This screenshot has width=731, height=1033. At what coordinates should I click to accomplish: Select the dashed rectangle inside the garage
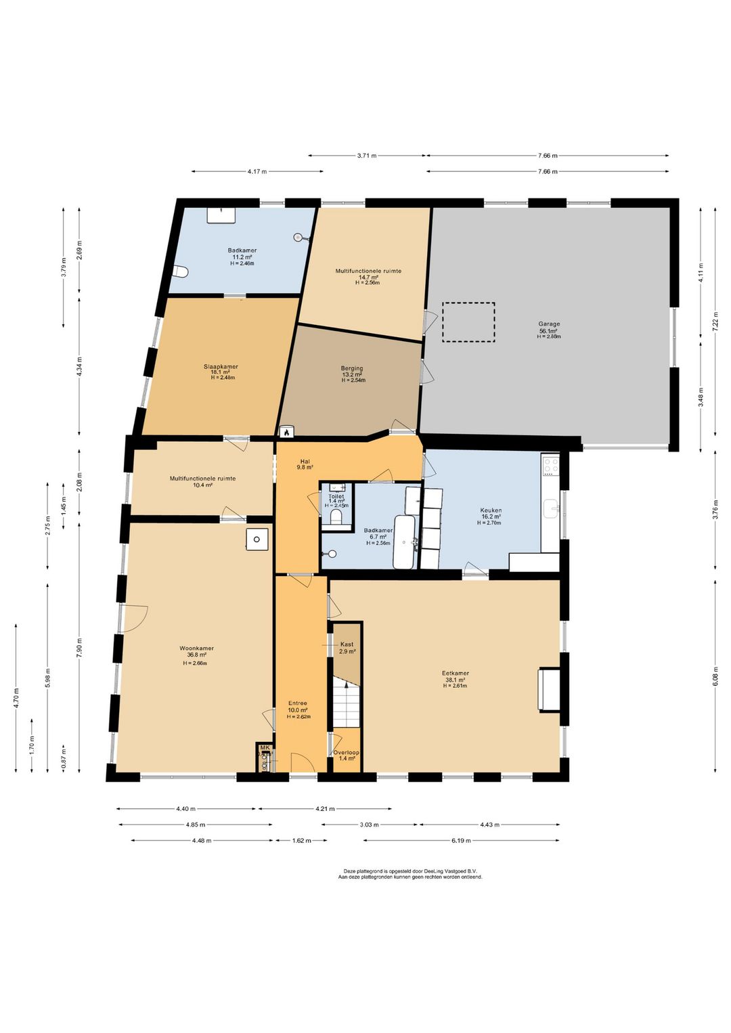(x=468, y=322)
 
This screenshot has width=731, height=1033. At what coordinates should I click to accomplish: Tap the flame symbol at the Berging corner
(x=286, y=431)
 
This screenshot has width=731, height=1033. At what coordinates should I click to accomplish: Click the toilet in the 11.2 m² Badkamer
(x=180, y=272)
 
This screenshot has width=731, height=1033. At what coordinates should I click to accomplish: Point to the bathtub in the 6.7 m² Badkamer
(x=405, y=542)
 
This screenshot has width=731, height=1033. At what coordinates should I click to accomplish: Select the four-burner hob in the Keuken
(x=550, y=465)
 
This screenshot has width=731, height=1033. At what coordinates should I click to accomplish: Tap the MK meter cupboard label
(x=265, y=748)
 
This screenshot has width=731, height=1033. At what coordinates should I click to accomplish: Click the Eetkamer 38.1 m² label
(x=455, y=677)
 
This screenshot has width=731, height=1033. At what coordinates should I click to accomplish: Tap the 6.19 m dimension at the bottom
(x=461, y=840)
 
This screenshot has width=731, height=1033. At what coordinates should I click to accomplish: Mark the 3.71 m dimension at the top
(x=367, y=156)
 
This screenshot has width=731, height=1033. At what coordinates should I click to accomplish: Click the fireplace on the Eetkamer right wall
(x=549, y=689)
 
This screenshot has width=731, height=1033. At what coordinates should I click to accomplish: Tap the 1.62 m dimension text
(x=301, y=840)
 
